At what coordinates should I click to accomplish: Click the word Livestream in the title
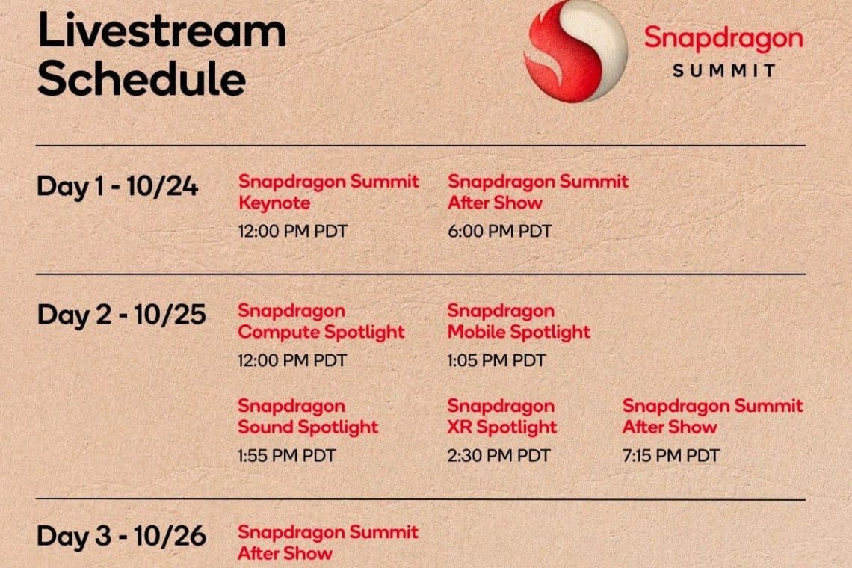coord(161,31)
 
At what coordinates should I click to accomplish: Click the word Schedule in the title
coord(141,79)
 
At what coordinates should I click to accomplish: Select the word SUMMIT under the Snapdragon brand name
coord(723,71)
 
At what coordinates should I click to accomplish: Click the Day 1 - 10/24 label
coord(117,186)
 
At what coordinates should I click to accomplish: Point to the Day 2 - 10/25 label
coord(121,315)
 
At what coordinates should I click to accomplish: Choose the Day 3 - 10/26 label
coord(121,536)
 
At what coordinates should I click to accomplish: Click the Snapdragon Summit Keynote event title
coord(328,192)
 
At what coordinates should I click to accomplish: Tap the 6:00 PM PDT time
coord(499,232)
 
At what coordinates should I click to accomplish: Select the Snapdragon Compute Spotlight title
coord(321,321)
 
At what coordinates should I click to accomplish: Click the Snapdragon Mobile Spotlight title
coord(519,321)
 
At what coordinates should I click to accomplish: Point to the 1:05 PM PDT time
coord(496,361)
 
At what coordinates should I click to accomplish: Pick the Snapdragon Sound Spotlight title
coord(308,417)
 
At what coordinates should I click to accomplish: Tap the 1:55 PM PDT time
coord(287,455)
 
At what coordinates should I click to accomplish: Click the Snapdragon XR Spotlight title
coord(501,417)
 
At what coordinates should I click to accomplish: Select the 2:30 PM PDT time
coord(498,455)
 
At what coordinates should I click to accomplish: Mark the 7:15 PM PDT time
coord(671,455)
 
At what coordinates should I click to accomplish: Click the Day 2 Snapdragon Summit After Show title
coord(712,417)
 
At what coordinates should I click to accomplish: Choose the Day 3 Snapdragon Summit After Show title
coord(328,543)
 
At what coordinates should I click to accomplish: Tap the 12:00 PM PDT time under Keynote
coord(292,232)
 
